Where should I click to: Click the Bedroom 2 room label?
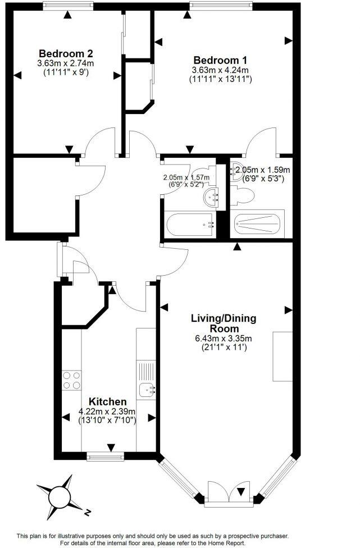point(58,54)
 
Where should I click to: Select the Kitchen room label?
point(108,402)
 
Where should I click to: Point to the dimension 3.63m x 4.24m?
point(220,70)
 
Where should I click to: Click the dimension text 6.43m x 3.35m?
point(224,338)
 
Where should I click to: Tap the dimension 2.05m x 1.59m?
point(262,170)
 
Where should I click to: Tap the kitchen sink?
point(147,388)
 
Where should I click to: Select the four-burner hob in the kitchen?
point(71,380)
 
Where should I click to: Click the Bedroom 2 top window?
point(68,6)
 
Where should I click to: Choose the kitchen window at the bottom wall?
point(106,457)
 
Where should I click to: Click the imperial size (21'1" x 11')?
point(224,348)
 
